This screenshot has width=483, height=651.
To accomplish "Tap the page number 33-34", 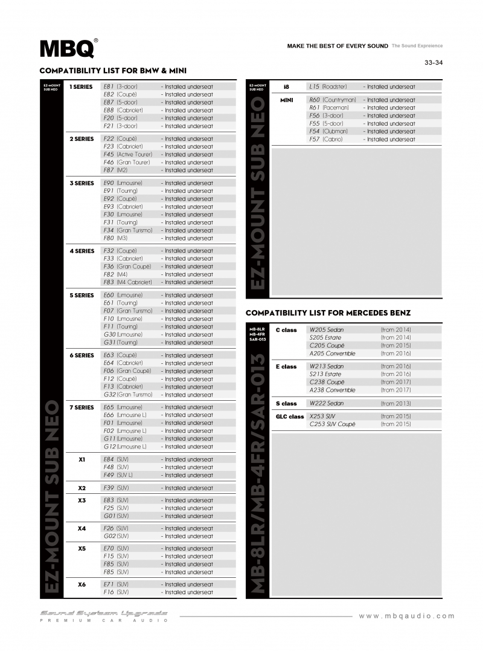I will click(x=433, y=62).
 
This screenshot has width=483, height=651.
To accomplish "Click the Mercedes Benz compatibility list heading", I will click(x=328, y=313).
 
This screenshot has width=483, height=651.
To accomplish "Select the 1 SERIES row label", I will click(x=82, y=86).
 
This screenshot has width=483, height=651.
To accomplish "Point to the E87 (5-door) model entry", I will click(x=120, y=102).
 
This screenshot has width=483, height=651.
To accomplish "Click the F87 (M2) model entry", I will click(x=115, y=170).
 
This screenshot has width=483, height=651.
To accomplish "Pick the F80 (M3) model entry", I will click(x=115, y=238).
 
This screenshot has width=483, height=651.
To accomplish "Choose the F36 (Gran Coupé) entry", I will click(x=127, y=266).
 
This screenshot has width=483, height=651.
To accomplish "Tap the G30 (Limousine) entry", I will click(x=123, y=334).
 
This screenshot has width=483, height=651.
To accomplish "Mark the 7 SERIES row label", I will click(x=82, y=407).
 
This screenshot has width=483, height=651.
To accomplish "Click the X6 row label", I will click(x=82, y=585).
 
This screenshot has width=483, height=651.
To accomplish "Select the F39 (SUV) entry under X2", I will click(x=116, y=488).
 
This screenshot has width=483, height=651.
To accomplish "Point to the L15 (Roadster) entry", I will click(x=328, y=86).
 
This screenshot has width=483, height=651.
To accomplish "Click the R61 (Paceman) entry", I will click(x=328, y=108).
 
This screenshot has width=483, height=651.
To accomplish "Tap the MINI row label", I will click(x=287, y=100).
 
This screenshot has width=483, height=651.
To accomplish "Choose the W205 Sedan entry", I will click(x=327, y=330).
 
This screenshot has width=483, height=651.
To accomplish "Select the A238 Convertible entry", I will click(x=332, y=390).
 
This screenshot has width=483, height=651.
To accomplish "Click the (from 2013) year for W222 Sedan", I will click(x=395, y=403).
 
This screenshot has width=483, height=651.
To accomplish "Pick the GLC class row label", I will click(x=290, y=416).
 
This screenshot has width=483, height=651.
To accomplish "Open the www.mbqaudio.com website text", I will click(x=406, y=616).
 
